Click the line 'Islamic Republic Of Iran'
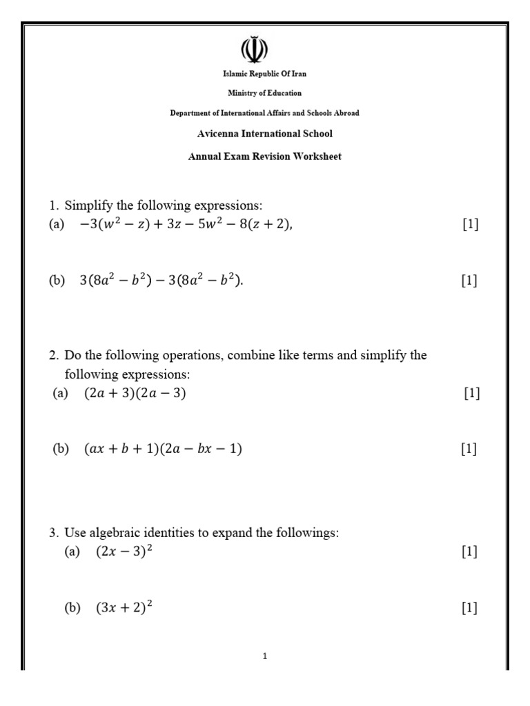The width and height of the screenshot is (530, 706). point(265,74)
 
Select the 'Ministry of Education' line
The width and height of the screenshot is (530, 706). point(265,93)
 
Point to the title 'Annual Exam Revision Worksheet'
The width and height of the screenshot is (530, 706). point(265,157)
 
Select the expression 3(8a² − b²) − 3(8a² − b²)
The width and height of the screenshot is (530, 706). point(161,281)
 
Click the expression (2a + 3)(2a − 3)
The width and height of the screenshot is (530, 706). point(135,394)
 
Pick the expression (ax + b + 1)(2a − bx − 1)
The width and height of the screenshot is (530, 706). point(163,449)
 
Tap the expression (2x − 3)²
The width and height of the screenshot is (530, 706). point(124,552)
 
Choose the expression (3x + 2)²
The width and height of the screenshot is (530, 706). point(124,607)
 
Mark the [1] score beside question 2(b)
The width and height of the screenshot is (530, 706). point(469,449)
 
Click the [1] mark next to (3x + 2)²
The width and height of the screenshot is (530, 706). point(469,607)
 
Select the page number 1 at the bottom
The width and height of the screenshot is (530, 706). point(265,656)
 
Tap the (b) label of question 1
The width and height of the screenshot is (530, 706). point(57,281)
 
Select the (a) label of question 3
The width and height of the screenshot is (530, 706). point(72,552)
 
